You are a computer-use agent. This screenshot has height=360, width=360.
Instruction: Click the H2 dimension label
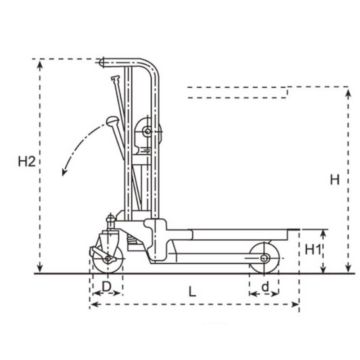click(x=27, y=162)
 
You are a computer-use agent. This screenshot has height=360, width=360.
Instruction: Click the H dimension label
click(x=334, y=180)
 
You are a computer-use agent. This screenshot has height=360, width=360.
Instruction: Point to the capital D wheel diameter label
click(x=106, y=286)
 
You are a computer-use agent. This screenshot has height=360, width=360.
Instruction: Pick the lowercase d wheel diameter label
click(x=265, y=286)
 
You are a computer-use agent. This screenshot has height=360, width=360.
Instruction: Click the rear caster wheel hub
click(x=107, y=259)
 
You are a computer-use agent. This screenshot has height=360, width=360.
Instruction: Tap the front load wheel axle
click(x=264, y=258)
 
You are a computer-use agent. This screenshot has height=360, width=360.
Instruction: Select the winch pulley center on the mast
click(x=147, y=131)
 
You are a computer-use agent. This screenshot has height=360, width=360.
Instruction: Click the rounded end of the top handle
click(x=102, y=63)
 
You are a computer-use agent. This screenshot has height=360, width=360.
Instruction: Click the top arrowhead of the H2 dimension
click(x=40, y=64)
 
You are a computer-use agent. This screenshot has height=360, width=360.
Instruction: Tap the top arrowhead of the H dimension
click(x=348, y=92)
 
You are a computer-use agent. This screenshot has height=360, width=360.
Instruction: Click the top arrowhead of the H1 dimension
click(x=323, y=233)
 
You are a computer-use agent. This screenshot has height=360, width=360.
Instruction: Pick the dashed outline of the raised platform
click(x=238, y=92)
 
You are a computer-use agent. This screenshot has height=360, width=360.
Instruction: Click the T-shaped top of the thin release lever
click(x=115, y=79)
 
